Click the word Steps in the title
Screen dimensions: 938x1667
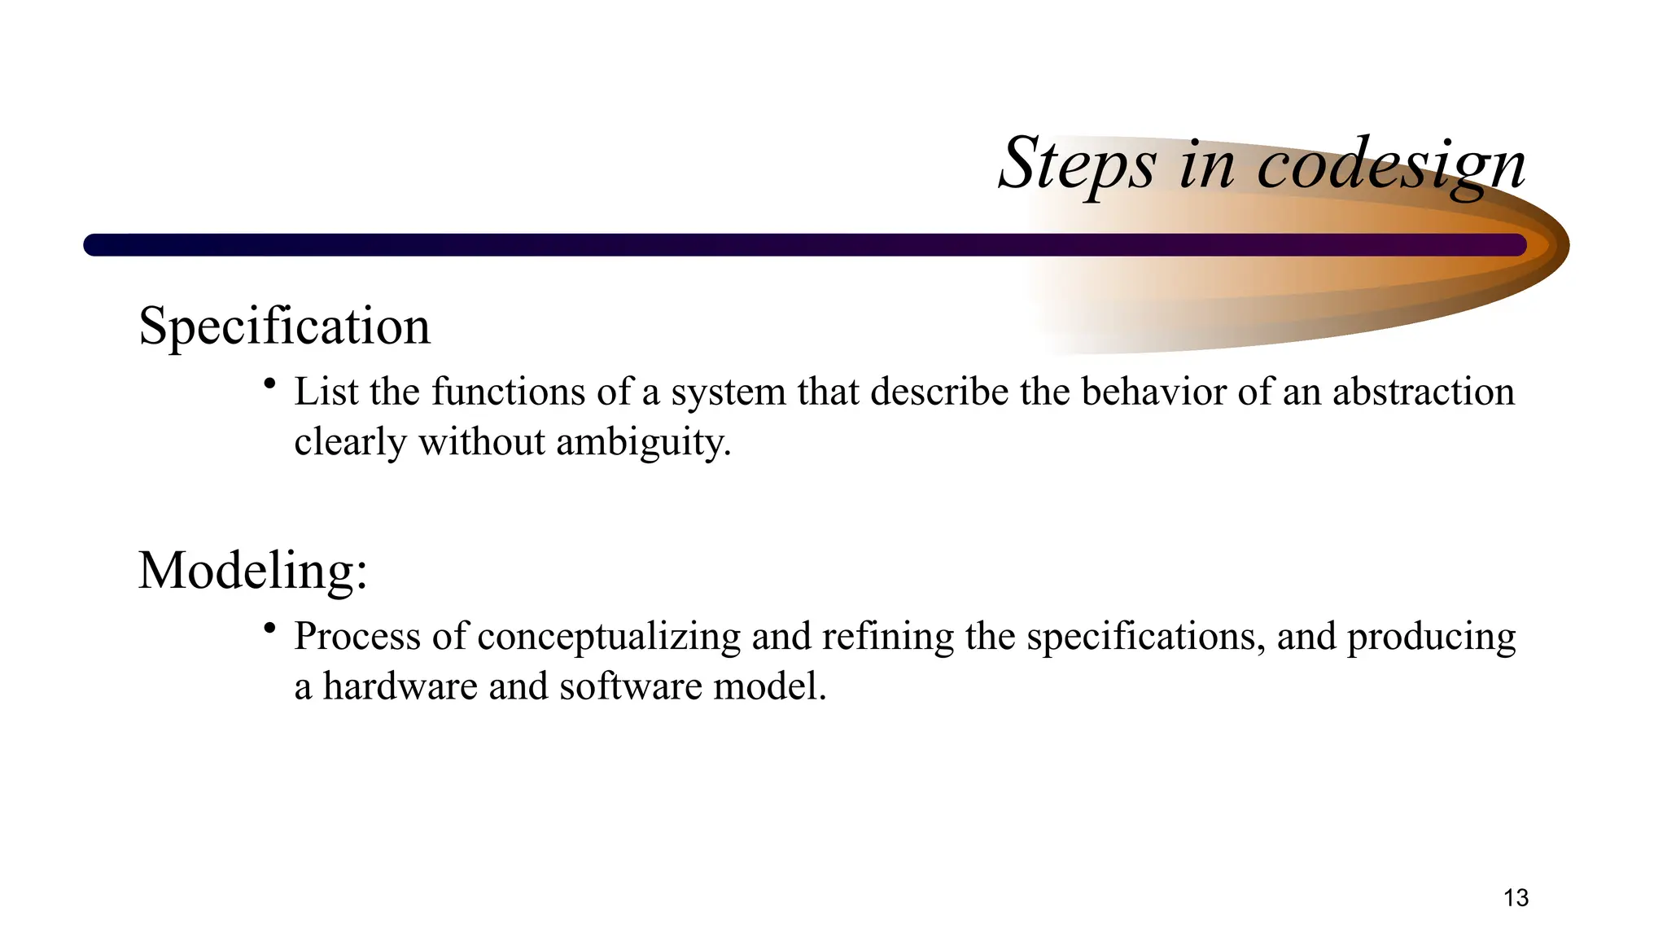(1076, 165)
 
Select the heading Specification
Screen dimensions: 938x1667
(284, 327)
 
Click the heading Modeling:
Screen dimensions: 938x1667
(253, 570)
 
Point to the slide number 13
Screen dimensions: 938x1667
(1516, 898)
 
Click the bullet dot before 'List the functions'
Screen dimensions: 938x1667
(269, 383)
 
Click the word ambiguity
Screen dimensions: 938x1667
(643, 443)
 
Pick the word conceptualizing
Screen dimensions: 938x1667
(609, 637)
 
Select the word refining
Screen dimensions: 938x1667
(887, 637)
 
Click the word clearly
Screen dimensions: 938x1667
(350, 443)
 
